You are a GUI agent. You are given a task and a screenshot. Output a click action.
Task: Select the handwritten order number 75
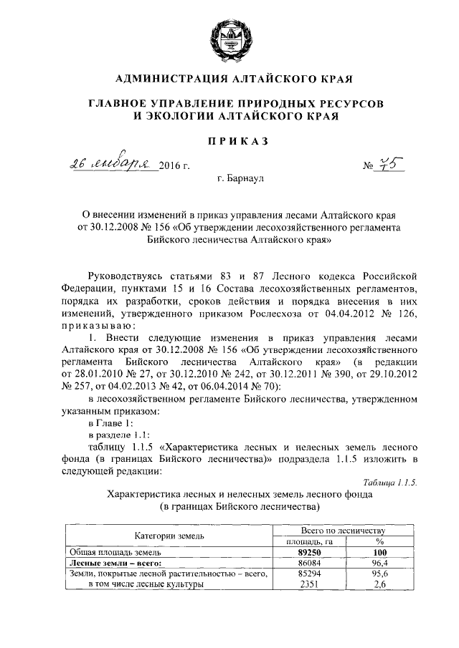[387, 165]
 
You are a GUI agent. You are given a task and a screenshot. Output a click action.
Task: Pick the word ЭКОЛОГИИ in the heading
[176, 115]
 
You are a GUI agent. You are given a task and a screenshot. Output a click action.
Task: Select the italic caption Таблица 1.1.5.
[389, 482]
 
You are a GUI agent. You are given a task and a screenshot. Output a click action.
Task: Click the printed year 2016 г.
[174, 167]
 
